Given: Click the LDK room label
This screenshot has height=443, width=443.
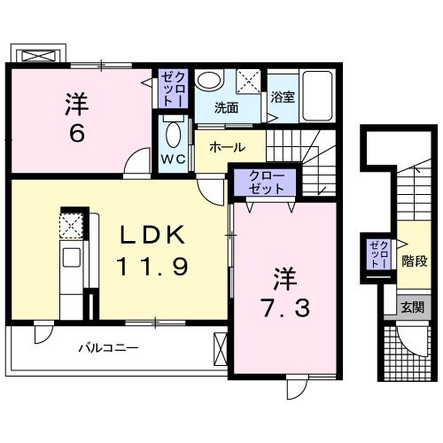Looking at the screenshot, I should [152, 235].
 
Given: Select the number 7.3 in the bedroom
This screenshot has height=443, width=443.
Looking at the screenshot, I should [284, 307].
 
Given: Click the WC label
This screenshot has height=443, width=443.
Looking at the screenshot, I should [172, 159].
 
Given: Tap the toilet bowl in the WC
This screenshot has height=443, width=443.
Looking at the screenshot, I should [172, 138].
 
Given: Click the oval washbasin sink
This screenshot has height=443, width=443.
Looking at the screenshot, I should [209, 80].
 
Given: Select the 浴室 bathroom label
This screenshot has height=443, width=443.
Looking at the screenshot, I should [283, 98].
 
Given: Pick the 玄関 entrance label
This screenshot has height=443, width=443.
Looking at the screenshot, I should [412, 307].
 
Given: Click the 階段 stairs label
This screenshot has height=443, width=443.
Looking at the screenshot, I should [415, 261].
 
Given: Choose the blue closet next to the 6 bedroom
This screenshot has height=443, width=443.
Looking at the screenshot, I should [171, 89].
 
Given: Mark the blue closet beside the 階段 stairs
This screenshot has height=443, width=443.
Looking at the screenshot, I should [380, 253].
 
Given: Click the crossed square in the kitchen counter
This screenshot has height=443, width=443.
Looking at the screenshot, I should [72, 225].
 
